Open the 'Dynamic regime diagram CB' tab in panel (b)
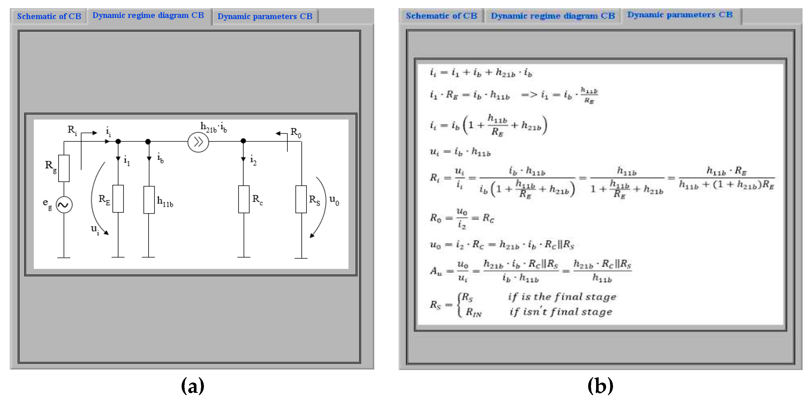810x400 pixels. point(552,16)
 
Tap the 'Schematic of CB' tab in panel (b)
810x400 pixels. point(441,16)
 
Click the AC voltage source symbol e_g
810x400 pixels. point(64,205)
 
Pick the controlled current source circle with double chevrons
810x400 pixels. point(198,142)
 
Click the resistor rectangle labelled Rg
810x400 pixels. point(64,168)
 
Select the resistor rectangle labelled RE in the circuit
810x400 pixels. point(118,198)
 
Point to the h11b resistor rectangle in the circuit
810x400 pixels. point(149,200)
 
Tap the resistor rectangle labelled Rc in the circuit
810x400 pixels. point(244,199)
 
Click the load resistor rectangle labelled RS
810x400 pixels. point(301,199)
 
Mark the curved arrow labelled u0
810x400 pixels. point(321,207)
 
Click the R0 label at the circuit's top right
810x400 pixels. point(295,132)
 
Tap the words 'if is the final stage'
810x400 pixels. point(562,297)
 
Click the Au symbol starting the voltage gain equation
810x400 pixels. point(436,271)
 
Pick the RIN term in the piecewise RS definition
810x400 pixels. point(473,312)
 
